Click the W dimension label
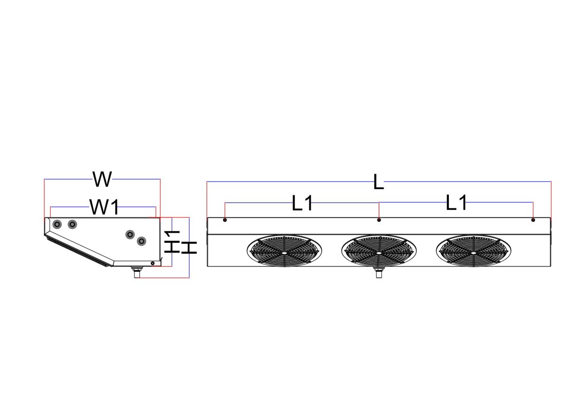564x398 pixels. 102,179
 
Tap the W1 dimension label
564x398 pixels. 104,207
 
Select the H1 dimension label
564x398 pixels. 173,241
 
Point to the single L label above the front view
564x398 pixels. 378,182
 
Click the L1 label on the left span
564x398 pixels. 302,204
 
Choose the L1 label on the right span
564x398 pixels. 456,203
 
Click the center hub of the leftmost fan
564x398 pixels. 284,252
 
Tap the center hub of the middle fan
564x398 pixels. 379,252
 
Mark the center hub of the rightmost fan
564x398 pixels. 473,252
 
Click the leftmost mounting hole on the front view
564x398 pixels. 225,220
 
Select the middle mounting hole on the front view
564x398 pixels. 379,220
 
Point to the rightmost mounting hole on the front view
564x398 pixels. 533,220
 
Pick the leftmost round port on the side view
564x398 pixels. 56,225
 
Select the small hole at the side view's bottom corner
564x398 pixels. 153,263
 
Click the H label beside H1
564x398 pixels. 189,247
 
